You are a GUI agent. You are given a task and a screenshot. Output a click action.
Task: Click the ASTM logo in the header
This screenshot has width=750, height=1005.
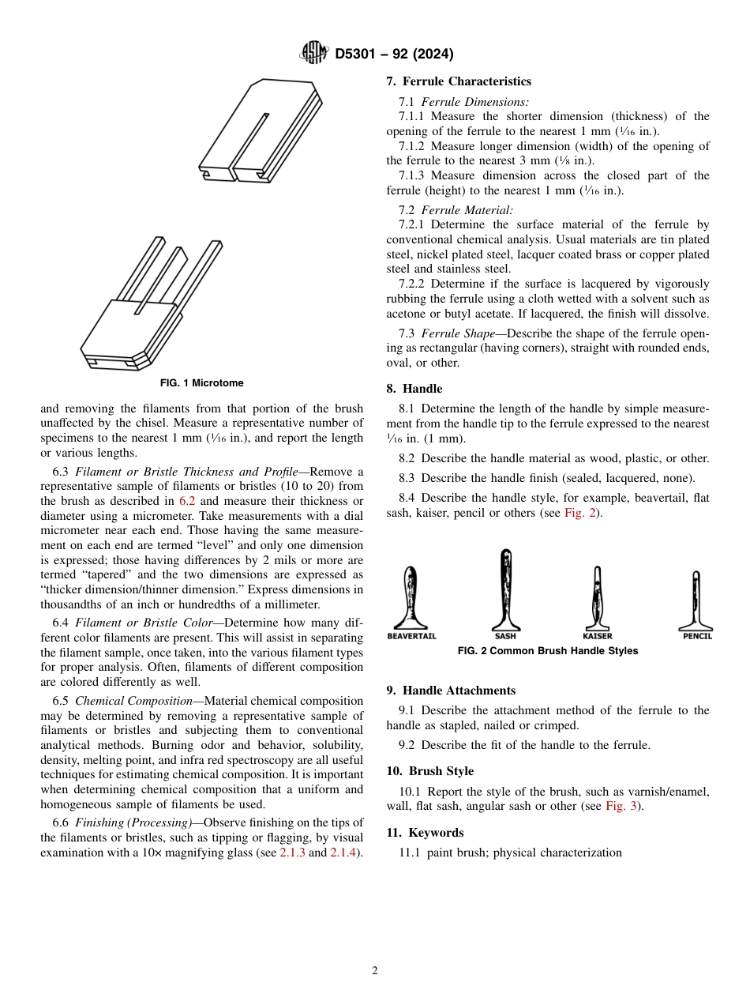tap(313, 54)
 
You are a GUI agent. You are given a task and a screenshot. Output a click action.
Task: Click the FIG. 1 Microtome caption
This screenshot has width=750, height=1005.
tap(201, 383)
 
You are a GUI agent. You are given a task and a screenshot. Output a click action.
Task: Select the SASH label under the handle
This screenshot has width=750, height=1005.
tap(505, 636)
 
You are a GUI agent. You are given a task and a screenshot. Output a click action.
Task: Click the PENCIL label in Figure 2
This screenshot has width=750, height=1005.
tap(696, 636)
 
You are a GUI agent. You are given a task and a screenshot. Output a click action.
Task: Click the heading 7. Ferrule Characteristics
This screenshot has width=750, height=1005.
tap(459, 81)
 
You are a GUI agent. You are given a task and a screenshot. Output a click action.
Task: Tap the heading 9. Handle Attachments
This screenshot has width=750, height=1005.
tap(451, 691)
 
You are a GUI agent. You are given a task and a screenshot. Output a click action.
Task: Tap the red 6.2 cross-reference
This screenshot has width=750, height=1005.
tap(192, 501)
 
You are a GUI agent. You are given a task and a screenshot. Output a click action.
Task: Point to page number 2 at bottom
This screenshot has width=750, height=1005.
tap(375, 971)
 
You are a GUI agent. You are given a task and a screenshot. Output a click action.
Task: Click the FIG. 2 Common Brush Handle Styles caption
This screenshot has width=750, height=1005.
tap(548, 651)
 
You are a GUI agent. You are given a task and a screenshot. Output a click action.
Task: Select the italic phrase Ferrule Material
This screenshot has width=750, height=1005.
tap(467, 210)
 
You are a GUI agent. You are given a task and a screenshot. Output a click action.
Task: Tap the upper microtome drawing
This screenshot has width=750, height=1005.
tap(261, 130)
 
